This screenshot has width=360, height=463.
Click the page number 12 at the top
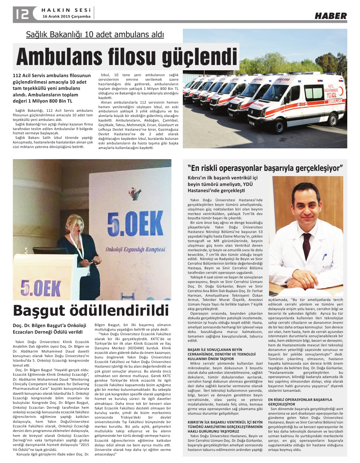(22, 14)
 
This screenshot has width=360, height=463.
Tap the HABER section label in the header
(331, 16)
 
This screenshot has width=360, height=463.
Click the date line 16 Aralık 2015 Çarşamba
(66, 16)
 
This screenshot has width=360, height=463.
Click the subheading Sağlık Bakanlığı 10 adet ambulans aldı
(95, 34)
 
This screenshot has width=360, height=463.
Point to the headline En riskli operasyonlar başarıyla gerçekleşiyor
(265, 168)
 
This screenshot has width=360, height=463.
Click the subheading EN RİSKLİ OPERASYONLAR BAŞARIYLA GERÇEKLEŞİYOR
(300, 402)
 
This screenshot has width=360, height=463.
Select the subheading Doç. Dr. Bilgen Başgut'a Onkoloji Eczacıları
(50, 328)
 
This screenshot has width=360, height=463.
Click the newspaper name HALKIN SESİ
(66, 10)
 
